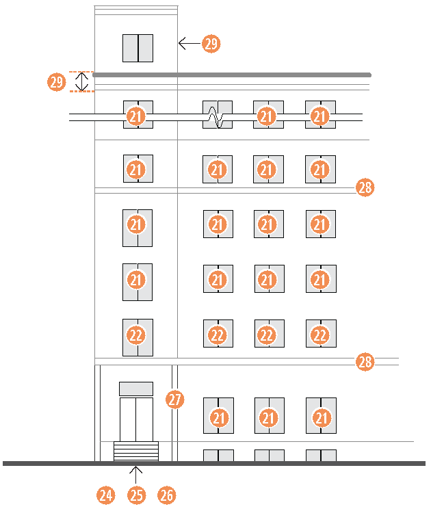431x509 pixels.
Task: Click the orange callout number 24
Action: pyautogui.click(x=105, y=495)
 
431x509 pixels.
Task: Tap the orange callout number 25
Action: pyautogui.click(x=137, y=495)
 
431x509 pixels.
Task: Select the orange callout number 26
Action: pyautogui.click(x=167, y=495)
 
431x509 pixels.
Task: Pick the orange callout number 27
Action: pyautogui.click(x=175, y=400)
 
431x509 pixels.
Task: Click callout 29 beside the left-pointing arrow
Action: pyautogui.click(x=211, y=44)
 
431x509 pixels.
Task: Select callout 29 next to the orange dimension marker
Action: pyautogui.click(x=57, y=82)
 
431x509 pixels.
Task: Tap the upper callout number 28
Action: pyautogui.click(x=365, y=187)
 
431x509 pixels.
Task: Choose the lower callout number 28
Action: pyautogui.click(x=365, y=362)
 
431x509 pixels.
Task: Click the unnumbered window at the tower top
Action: pyautogui.click(x=138, y=48)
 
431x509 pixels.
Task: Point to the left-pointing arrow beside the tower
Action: pyautogui.click(x=187, y=44)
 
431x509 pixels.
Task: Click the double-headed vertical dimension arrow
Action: pyautogui.click(x=82, y=82)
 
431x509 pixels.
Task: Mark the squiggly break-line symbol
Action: pyautogui.click(x=217, y=117)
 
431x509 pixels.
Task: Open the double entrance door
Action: pyautogui.click(x=136, y=419)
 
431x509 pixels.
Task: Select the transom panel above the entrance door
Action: pyautogui.click(x=136, y=388)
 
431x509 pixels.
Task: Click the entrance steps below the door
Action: pyautogui.click(x=135, y=451)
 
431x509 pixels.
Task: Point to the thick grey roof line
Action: pyautogui.click(x=233, y=74)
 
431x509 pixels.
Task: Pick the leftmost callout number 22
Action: pyautogui.click(x=136, y=335)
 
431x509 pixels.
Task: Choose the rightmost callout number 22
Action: pyautogui.click(x=320, y=335)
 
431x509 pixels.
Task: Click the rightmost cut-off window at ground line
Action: pyautogui.click(x=320, y=455)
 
